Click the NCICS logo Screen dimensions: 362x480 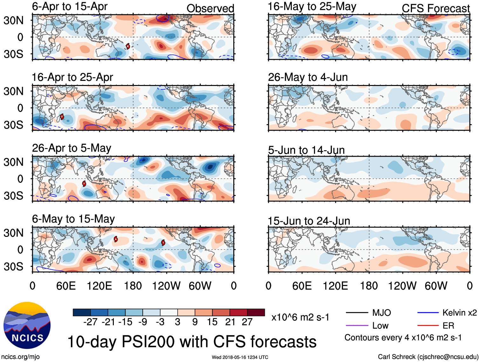(27, 325)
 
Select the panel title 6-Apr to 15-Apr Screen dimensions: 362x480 (70, 6)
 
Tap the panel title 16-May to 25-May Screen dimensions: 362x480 (312, 6)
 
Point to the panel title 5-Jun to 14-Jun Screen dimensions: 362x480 (306, 150)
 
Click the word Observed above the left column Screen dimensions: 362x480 (210, 9)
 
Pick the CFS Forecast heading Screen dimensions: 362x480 (435, 9)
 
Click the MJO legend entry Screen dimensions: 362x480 (381, 313)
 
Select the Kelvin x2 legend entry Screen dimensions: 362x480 (459, 313)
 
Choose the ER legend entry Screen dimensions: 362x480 (448, 325)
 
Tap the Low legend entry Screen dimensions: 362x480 (380, 325)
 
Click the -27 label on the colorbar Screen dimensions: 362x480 (90, 322)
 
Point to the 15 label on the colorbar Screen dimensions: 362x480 (212, 322)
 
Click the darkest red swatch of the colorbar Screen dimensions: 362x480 (256, 312)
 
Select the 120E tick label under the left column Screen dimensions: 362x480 (99, 286)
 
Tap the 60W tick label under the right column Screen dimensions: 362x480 (436, 286)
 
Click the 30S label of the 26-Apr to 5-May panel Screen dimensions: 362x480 (13, 195)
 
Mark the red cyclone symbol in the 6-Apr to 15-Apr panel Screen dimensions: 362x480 (128, 46)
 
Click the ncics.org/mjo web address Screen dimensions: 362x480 (20, 357)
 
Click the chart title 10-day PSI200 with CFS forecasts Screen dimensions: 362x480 (192, 342)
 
